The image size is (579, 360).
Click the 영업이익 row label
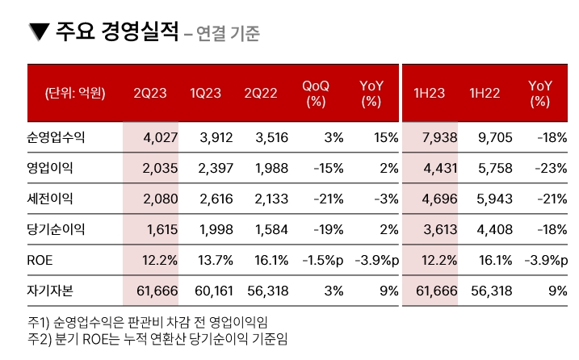(x=50, y=169)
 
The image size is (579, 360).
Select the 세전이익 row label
(x=50, y=199)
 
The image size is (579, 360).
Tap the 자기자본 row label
(x=50, y=291)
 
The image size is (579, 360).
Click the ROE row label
(x=40, y=260)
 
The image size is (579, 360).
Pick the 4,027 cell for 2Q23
(x=159, y=138)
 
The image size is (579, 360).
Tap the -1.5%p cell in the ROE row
(x=322, y=260)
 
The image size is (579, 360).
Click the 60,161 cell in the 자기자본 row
(x=213, y=291)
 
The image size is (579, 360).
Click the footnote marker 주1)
(x=38, y=322)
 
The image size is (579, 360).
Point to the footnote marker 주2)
(x=38, y=337)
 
